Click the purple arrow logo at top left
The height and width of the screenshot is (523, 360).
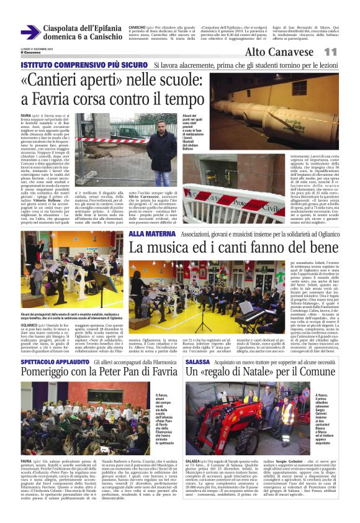point(30,32)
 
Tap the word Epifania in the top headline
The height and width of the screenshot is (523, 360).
point(99,29)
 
